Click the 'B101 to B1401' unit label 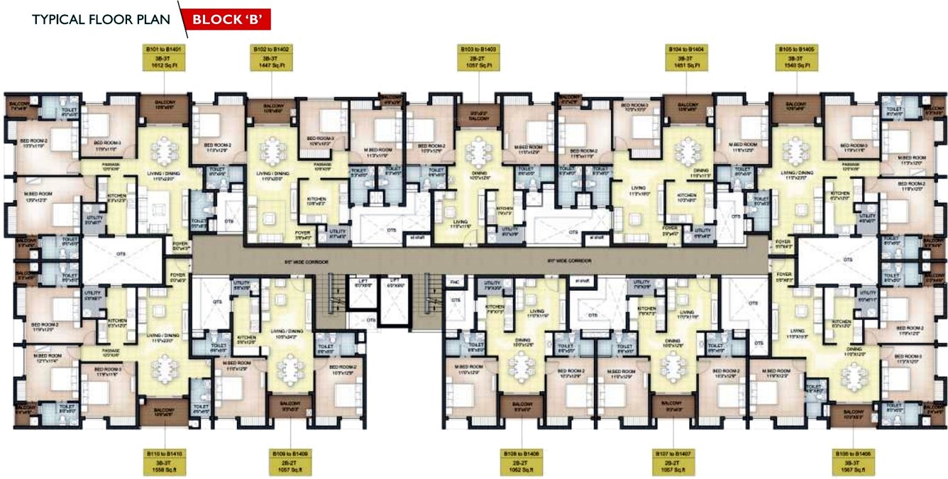tap(165, 50)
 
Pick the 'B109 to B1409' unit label tap(291, 453)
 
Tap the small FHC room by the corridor tap(455, 282)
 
